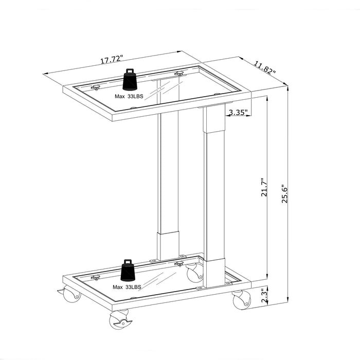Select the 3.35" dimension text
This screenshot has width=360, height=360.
pyautogui.click(x=238, y=112)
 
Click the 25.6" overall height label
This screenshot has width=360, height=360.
pyautogui.click(x=284, y=194)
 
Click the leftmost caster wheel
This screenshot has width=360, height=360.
pyautogui.click(x=70, y=295)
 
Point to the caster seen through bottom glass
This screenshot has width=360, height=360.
pyautogui.click(x=194, y=273)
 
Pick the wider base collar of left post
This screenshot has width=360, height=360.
pyautogui.click(x=168, y=246)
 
